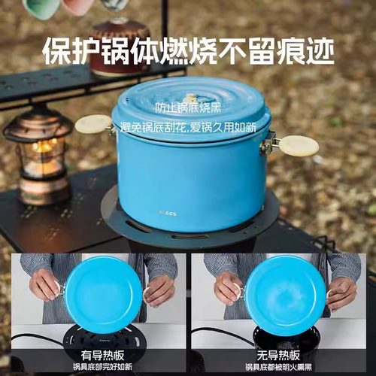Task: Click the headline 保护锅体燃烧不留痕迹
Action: click(x=188, y=51)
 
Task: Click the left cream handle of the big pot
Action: click(x=93, y=124)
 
